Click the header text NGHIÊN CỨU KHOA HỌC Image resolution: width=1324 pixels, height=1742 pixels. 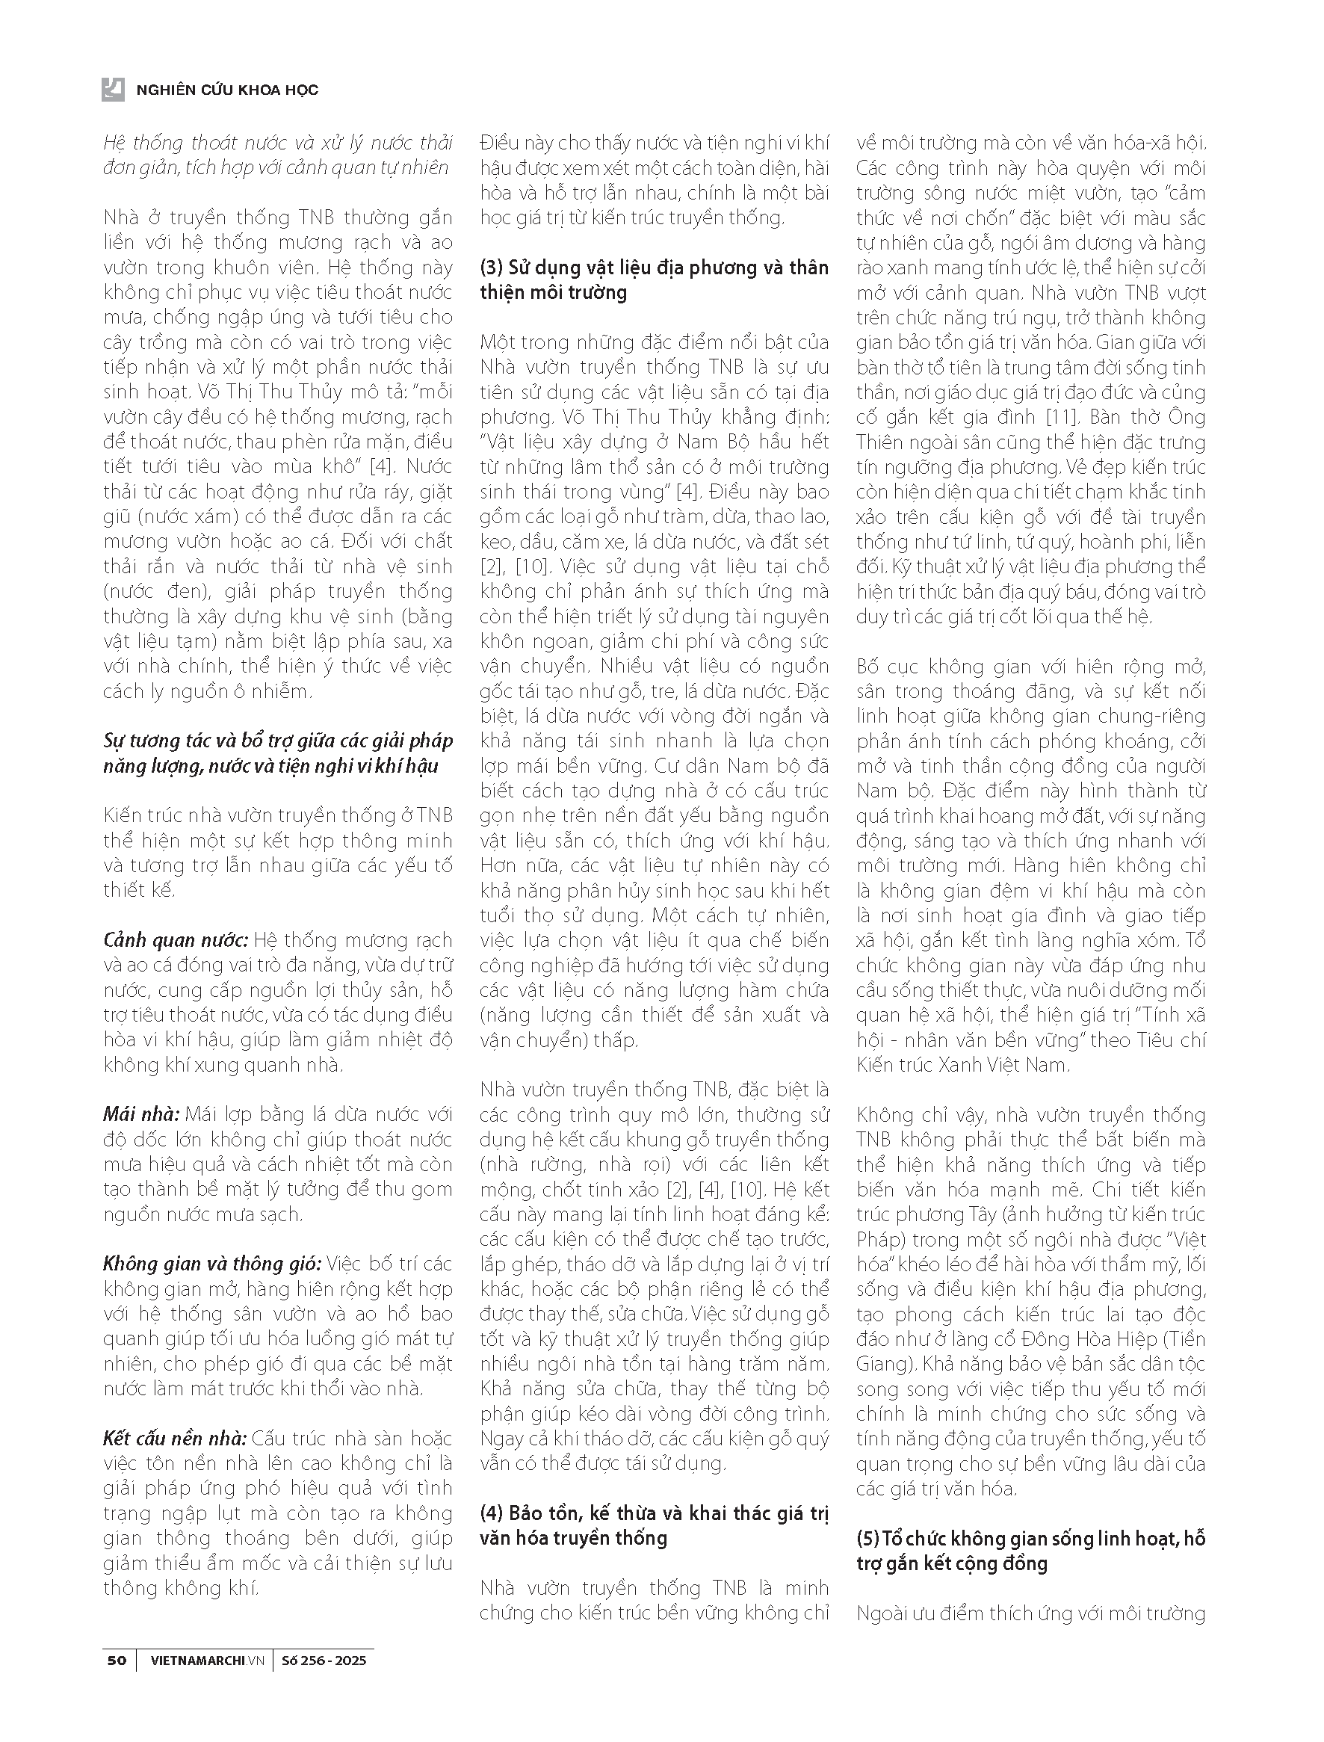point(227,90)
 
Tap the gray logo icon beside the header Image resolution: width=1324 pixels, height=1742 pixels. point(114,90)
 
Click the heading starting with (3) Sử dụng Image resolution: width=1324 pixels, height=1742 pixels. point(654,279)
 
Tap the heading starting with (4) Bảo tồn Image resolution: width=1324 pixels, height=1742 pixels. point(654,1525)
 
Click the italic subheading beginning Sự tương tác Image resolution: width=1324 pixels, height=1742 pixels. point(278,753)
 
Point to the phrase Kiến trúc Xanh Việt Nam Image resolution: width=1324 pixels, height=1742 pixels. point(962,1065)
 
